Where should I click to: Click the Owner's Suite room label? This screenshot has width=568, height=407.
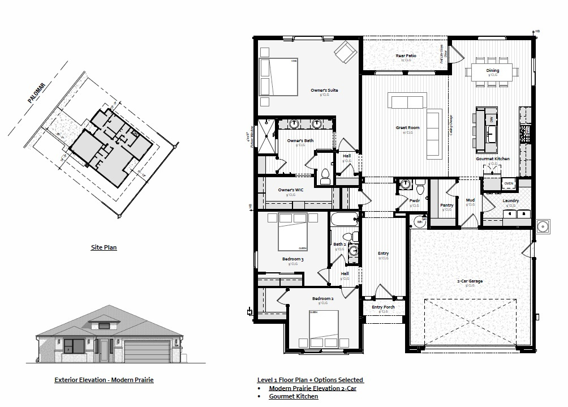click(x=324, y=90)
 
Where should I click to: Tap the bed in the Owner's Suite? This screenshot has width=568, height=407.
click(x=278, y=77)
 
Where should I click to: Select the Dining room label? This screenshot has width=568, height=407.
click(x=493, y=71)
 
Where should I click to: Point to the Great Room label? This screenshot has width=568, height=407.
click(x=407, y=128)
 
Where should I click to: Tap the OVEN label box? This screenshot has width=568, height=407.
click(x=508, y=183)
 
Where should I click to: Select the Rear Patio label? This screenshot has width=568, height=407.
click(x=406, y=55)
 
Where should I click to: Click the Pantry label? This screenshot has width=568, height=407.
click(x=447, y=205)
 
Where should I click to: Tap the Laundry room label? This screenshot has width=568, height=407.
click(x=510, y=200)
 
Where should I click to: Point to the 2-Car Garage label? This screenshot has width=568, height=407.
click(x=470, y=281)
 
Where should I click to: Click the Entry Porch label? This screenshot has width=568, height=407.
click(x=383, y=307)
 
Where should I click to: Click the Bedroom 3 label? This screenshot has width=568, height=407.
click(x=293, y=259)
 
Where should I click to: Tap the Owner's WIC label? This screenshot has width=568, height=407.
click(x=291, y=190)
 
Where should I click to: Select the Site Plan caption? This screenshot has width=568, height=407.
click(x=104, y=247)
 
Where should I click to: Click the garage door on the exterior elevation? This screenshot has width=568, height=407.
click(x=147, y=352)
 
